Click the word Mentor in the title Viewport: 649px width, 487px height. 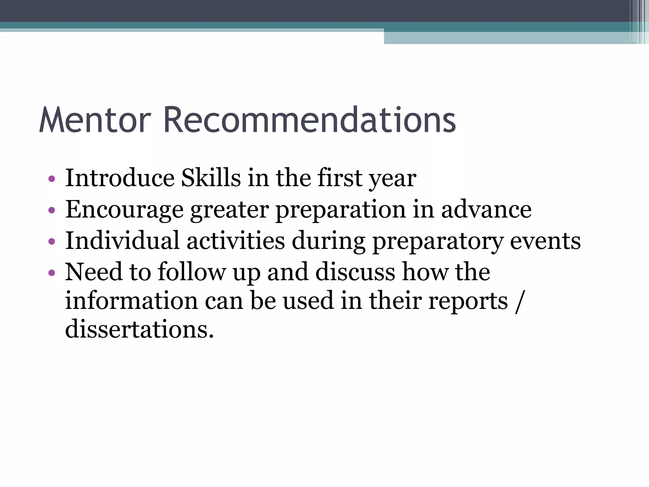coord(95,120)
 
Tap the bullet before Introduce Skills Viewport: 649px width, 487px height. coord(52,179)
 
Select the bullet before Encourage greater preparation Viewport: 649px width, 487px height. coord(52,210)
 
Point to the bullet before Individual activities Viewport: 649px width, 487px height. coord(52,242)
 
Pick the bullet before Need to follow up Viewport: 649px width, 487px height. coord(52,273)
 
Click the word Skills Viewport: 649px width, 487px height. coord(211,178)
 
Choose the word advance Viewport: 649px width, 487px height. coord(486,210)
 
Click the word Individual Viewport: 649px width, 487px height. coord(122,240)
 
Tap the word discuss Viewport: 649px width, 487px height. coord(355,272)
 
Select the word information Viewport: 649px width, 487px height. coord(132,300)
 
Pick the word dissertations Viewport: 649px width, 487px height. coord(139,329)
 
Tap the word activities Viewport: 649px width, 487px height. coord(236,240)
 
